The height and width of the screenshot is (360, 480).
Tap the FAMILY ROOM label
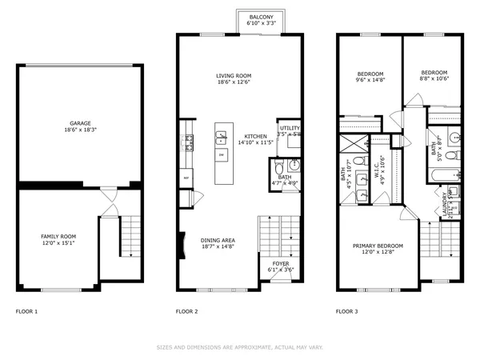point(58,237)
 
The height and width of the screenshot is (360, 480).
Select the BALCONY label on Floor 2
point(261,17)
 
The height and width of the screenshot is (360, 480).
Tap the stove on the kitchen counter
point(190,142)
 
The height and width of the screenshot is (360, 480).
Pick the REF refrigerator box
point(186,177)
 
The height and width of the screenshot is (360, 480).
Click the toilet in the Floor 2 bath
point(278,169)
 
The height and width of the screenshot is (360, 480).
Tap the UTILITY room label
point(288,128)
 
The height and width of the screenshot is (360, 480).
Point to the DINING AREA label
point(218,240)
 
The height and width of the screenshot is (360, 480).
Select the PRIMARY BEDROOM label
point(378,246)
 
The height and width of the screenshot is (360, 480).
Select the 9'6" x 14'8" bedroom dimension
point(370,80)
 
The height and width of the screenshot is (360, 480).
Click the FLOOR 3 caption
point(346,310)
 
